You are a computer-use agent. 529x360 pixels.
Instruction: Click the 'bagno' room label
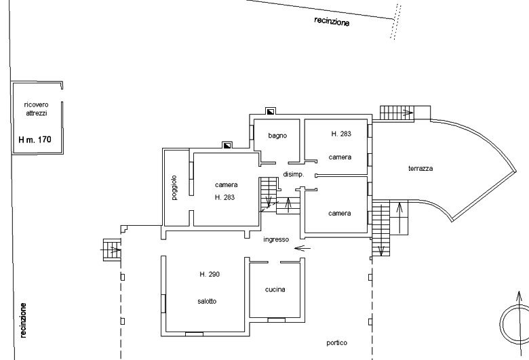coord(277,136)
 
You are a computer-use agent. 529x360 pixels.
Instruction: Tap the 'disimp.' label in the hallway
coord(294,174)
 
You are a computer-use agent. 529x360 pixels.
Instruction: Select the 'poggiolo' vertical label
coord(174,188)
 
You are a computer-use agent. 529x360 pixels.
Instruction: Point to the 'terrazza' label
coord(420,168)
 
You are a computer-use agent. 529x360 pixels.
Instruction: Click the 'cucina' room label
coord(275,289)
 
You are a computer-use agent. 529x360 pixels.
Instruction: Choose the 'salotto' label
coord(207,301)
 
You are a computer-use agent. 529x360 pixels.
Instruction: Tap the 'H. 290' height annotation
coord(210,275)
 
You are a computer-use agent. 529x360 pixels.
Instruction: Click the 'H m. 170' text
coord(35,140)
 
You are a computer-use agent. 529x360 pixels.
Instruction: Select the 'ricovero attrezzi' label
coord(36,109)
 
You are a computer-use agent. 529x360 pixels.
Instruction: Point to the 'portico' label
coord(336,343)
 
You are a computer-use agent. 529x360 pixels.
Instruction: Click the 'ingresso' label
coord(276,239)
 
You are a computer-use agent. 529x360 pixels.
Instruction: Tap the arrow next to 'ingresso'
coord(302,248)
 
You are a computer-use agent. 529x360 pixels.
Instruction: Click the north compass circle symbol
coord(515,324)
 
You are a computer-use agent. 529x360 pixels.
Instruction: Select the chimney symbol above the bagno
coord(270,111)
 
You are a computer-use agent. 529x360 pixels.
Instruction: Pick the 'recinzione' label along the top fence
coord(332,21)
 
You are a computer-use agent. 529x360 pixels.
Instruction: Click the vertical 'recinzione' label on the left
coord(23,320)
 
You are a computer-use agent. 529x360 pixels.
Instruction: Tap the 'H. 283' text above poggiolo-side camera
coord(224,197)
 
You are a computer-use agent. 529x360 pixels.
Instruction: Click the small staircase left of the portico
coord(112,249)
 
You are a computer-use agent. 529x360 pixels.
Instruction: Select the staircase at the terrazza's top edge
coord(397,113)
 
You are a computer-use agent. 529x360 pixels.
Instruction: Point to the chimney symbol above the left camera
coord(227,145)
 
